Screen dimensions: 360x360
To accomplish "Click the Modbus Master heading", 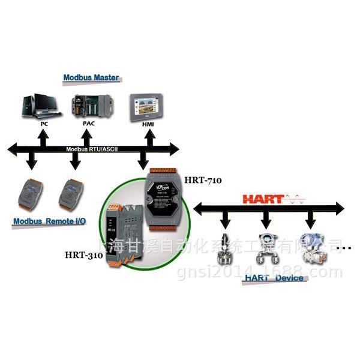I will [91, 77].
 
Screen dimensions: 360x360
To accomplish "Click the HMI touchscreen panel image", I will [146, 107].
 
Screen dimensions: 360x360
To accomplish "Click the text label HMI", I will [148, 125].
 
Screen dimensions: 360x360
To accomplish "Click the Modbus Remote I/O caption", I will [50, 221].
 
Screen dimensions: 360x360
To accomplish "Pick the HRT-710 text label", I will [202, 179].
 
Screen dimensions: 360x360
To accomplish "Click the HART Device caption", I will [273, 278].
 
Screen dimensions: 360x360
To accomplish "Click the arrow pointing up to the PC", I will [41, 137].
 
